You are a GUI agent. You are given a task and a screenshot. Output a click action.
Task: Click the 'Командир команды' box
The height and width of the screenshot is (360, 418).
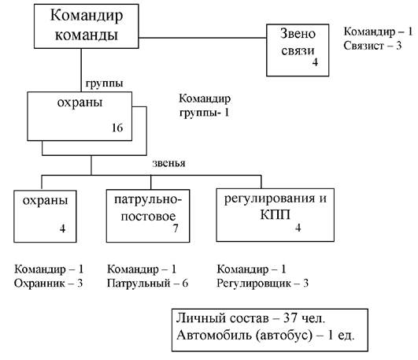click(x=86, y=26)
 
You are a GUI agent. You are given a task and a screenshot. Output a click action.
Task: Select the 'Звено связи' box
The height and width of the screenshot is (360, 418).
click(x=298, y=50)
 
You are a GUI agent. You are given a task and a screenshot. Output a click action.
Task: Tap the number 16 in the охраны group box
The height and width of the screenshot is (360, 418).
click(x=117, y=128)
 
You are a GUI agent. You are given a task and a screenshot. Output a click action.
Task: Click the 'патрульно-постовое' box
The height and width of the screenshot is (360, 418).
click(x=148, y=216)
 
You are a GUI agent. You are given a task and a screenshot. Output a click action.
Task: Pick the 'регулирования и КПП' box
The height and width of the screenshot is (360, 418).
click(x=275, y=215)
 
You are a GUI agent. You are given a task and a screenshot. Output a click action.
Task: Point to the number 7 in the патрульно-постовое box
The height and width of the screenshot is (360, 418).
click(x=175, y=228)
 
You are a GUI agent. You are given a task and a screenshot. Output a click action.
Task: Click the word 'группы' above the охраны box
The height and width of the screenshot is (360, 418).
click(x=104, y=84)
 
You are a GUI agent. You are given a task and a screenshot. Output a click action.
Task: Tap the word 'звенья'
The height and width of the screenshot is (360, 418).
click(x=168, y=163)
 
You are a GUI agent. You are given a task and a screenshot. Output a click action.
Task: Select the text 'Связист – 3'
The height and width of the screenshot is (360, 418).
click(x=372, y=46)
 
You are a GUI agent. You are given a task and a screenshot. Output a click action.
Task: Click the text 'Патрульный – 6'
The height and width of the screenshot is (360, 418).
click(x=148, y=283)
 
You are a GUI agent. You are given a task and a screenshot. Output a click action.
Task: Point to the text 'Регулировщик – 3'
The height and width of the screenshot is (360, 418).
click(x=263, y=283)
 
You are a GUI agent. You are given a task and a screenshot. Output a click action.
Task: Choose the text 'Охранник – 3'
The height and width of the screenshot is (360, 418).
click(x=48, y=283)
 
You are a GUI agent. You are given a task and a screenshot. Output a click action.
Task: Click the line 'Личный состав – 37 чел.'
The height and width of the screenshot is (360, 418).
click(x=250, y=318)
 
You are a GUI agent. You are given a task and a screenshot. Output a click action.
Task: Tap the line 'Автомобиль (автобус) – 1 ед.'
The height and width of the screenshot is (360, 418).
click(x=265, y=335)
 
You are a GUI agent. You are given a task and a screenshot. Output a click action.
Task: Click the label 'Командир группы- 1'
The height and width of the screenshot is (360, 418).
click(x=205, y=106)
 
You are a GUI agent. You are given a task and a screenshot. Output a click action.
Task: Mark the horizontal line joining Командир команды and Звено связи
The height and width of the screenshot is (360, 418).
click(x=202, y=38)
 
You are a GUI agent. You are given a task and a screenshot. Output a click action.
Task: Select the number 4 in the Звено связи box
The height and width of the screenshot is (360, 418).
click(x=315, y=62)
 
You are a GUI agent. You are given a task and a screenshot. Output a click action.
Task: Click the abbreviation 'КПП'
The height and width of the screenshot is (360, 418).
click(x=275, y=215)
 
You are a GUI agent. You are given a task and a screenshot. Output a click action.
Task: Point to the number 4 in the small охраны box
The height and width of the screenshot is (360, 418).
click(x=62, y=228)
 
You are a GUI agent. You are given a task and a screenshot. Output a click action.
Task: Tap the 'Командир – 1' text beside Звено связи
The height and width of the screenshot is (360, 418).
click(x=378, y=32)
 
